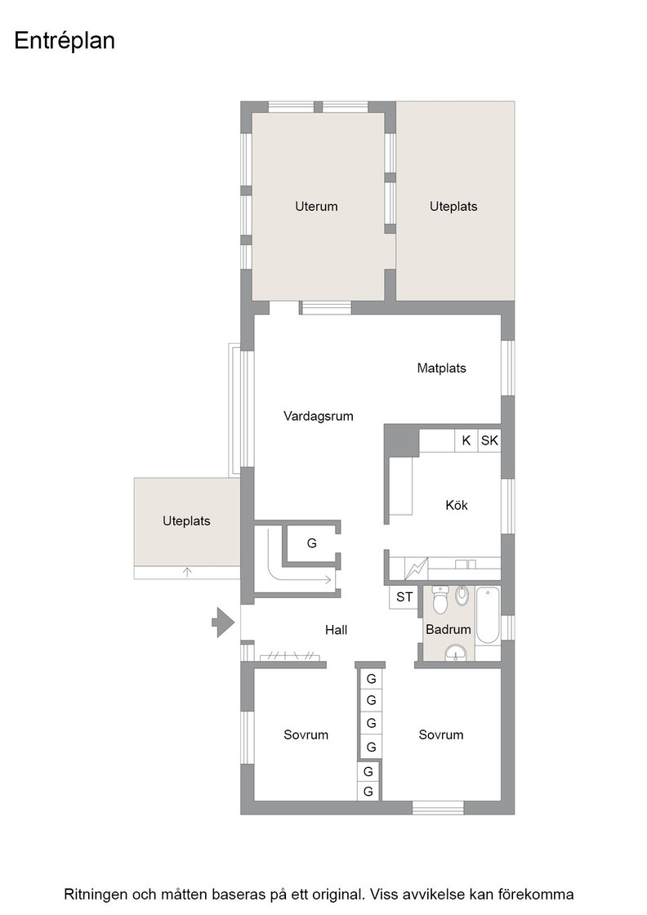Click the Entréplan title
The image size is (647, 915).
[x=65, y=41]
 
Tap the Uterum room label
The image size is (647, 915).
[x=316, y=206]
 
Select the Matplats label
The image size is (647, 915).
[x=442, y=368]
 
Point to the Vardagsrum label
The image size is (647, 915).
[x=319, y=416]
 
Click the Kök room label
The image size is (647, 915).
[x=457, y=505]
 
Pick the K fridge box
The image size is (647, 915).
[x=466, y=440]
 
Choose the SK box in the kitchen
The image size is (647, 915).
[x=489, y=440]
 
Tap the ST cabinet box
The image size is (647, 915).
[x=404, y=597]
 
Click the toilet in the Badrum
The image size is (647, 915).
[x=440, y=600]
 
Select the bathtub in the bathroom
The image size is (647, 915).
[x=488, y=615]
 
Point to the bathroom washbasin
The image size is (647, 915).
[x=456, y=653]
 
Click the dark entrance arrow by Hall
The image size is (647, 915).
[x=223, y=622]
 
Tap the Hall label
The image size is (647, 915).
[x=336, y=630]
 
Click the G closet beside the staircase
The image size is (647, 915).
[x=311, y=543]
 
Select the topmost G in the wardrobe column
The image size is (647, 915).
[x=371, y=679]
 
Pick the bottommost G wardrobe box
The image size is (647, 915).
[x=368, y=792]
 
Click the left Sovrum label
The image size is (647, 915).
[x=306, y=734]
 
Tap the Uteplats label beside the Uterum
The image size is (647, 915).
[x=453, y=206]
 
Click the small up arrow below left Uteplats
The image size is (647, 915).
[x=187, y=572]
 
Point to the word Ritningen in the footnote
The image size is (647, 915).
[x=96, y=895]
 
